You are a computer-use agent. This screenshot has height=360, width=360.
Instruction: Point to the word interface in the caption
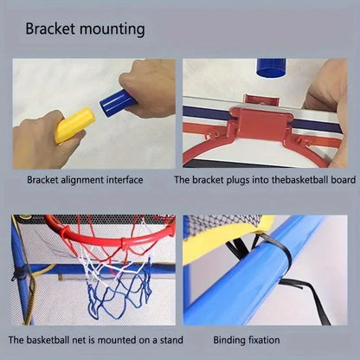coord(122,181)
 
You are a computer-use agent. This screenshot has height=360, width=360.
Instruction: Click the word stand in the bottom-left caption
coord(157,341)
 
